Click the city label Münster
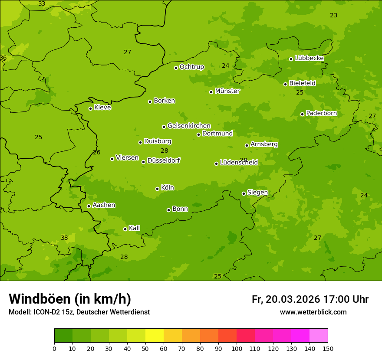(227, 91)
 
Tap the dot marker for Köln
(157, 189)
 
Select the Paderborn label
(321, 113)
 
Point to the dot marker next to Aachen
(89, 206)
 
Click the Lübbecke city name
(309, 58)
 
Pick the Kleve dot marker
(90, 108)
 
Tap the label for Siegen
(257, 193)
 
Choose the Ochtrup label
(191, 67)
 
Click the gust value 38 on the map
(64, 238)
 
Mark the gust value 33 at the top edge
(42, 3)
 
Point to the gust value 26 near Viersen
(96, 152)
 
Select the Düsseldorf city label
(163, 160)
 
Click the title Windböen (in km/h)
(70, 299)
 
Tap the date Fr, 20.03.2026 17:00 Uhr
(310, 299)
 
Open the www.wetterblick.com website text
(313, 312)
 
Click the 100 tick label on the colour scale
(237, 348)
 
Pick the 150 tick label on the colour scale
(328, 348)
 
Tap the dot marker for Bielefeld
(285, 84)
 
